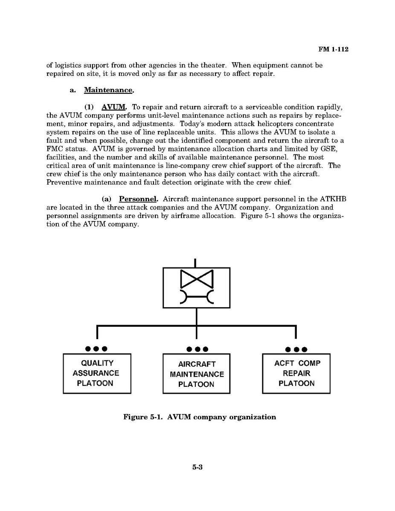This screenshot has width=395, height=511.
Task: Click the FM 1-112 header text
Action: [x=333, y=49]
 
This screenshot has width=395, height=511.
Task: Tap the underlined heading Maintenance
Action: [x=109, y=90]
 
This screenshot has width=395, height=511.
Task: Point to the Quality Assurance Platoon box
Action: [x=97, y=373]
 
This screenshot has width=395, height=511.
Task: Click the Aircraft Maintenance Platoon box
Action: [x=196, y=374]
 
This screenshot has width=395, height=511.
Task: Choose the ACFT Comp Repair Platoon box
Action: [x=296, y=373]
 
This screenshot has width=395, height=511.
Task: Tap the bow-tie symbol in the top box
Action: [x=196, y=279]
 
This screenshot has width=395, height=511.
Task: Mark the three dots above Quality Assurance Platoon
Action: [x=96, y=349]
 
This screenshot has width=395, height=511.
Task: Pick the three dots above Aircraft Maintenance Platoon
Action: [x=197, y=349]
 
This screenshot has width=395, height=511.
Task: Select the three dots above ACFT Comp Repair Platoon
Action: [x=296, y=349]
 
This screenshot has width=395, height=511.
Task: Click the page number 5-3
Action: [x=197, y=467]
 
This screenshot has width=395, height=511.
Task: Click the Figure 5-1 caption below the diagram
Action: [x=199, y=417]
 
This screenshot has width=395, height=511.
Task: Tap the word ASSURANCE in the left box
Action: [x=96, y=373]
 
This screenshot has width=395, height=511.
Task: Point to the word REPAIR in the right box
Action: [x=296, y=373]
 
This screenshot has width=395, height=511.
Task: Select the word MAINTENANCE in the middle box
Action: [x=197, y=374]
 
